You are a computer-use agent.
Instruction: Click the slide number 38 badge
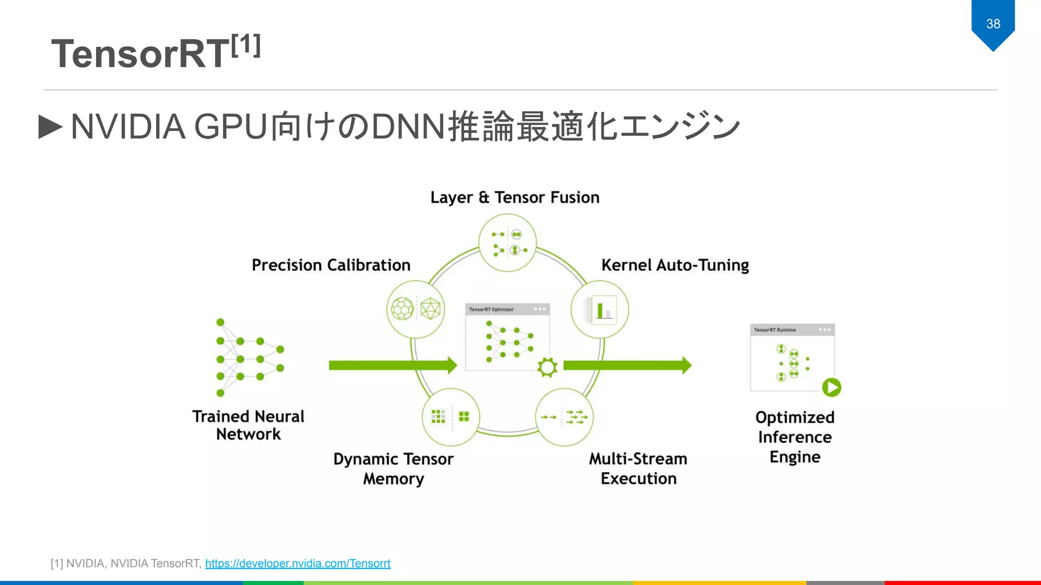pyautogui.click(x=993, y=24)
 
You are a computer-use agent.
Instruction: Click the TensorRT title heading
pyautogui.click(x=141, y=54)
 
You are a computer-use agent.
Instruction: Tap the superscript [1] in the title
pyautogui.click(x=246, y=46)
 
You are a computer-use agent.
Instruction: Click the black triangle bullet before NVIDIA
pyautogui.click(x=50, y=126)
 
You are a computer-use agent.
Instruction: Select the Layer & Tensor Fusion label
pyautogui.click(x=514, y=198)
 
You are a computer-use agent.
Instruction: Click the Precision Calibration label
pyautogui.click(x=331, y=265)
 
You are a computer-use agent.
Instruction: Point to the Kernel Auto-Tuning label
pyautogui.click(x=675, y=265)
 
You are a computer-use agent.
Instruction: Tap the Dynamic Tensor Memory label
pyautogui.click(x=393, y=469)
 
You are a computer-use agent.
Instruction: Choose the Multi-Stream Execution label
pyautogui.click(x=638, y=469)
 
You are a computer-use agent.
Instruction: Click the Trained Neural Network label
pyautogui.click(x=249, y=425)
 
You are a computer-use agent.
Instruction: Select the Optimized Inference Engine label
pyautogui.click(x=795, y=437)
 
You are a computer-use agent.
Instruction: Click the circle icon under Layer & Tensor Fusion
pyautogui.click(x=508, y=243)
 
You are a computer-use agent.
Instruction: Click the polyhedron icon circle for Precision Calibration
pyautogui.click(x=416, y=309)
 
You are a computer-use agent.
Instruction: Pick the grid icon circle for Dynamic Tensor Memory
pyautogui.click(x=451, y=417)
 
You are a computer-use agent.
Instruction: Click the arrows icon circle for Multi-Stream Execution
pyautogui.click(x=564, y=417)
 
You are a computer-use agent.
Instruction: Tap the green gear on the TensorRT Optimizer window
pyautogui.click(x=547, y=367)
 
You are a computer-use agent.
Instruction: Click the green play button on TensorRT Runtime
pyautogui.click(x=832, y=387)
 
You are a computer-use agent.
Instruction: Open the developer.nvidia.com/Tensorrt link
pyautogui.click(x=298, y=563)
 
